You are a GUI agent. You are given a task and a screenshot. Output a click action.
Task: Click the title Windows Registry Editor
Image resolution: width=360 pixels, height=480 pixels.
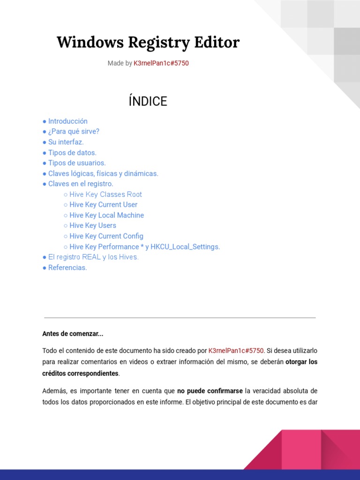point(148,43)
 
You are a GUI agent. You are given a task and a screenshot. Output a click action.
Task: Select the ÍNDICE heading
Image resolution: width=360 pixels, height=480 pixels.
point(148,101)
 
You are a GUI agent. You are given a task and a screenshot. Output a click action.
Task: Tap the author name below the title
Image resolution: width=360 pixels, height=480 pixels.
point(161,63)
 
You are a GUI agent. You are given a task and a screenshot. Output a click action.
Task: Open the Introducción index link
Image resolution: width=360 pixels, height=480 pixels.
point(67,121)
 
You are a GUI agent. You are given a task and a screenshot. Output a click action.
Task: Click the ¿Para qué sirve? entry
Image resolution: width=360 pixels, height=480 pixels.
point(74,131)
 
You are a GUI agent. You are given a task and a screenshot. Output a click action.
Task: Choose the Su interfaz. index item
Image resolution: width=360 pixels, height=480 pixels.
point(66,142)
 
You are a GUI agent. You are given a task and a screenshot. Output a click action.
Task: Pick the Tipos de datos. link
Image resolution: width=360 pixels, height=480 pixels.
point(72,152)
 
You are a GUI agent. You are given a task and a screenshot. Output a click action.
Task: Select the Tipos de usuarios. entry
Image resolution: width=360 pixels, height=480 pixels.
point(77,163)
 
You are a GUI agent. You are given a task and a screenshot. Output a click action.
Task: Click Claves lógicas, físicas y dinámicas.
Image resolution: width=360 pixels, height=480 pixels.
point(103,173)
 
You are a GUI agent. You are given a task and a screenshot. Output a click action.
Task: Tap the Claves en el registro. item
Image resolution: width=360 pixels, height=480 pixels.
point(81,184)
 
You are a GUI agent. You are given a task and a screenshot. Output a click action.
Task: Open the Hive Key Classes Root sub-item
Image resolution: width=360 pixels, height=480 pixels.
point(105,194)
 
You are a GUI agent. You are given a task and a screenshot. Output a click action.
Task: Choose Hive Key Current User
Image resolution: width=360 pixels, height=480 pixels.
point(103,204)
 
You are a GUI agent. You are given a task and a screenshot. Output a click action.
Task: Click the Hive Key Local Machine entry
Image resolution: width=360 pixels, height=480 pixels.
point(106,215)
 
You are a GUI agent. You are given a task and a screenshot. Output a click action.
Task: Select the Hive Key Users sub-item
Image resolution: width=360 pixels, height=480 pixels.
point(92,225)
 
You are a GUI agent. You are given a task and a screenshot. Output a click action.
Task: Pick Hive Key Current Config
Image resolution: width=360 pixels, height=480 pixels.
point(106,236)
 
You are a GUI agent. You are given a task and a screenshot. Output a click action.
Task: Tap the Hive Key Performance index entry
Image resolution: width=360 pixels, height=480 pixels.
point(144,247)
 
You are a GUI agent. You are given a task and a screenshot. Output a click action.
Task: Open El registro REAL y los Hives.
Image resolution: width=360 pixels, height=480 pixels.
point(93,257)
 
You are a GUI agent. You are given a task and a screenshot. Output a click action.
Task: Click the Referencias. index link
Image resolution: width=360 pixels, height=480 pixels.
point(67,268)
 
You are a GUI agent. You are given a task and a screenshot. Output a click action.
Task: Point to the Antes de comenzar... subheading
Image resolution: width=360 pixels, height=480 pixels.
point(73,334)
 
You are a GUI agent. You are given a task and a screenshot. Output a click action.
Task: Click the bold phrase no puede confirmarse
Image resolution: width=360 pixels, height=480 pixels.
point(210,390)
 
